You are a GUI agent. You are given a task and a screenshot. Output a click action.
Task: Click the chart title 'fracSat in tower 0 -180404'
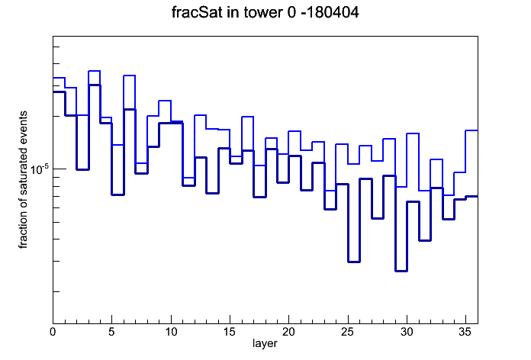pyautogui.click(x=265, y=12)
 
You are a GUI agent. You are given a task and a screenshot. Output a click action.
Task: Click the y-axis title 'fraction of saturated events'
pyautogui.click(x=23, y=180)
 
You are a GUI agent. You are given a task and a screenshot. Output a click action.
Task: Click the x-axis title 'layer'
pyautogui.click(x=265, y=343)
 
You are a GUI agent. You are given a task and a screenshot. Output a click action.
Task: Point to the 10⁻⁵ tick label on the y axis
pyautogui.click(x=40, y=169)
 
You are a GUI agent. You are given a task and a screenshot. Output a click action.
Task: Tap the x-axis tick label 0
pyautogui.click(x=53, y=332)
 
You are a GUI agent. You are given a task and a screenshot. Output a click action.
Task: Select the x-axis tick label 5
pyautogui.click(x=111, y=332)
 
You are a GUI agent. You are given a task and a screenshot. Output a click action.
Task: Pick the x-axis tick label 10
pyautogui.click(x=171, y=332)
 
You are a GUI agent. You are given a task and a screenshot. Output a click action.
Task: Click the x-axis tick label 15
pyautogui.click(x=230, y=332)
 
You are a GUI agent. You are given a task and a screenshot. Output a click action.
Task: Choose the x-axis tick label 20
pyautogui.click(x=288, y=332)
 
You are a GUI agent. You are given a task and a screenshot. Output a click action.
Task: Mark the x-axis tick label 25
pyautogui.click(x=347, y=332)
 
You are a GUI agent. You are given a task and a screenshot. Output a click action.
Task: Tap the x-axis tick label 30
pyautogui.click(x=407, y=332)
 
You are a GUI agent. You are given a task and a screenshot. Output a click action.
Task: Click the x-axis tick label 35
pyautogui.click(x=465, y=332)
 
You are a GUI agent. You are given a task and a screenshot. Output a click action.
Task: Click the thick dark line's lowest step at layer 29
pyautogui.click(x=401, y=271)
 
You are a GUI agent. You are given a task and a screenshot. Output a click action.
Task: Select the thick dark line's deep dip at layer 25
pyautogui.click(x=354, y=262)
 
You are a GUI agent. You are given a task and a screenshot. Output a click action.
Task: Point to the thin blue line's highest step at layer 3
pyautogui.click(x=94, y=71)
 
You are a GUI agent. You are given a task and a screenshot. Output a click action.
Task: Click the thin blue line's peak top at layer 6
pyautogui.click(x=130, y=76)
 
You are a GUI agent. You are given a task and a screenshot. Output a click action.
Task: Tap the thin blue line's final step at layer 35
pyautogui.click(x=471, y=130)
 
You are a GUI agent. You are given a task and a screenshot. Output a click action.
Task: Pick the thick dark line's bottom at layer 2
pyautogui.click(x=82, y=169)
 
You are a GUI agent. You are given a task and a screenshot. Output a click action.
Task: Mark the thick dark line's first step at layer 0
pyautogui.click(x=59, y=92)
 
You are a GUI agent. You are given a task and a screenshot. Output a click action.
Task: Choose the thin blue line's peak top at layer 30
pyautogui.click(x=413, y=133)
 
